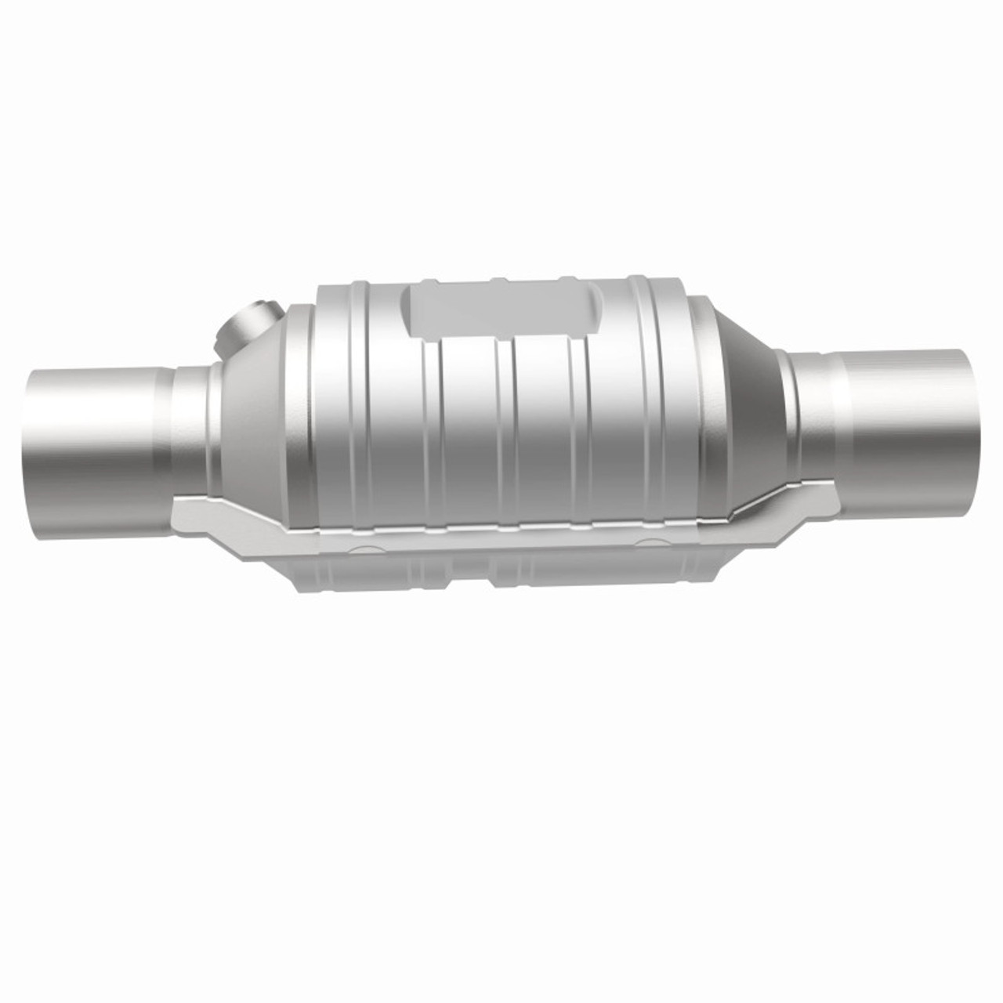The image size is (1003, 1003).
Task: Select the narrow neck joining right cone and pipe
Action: point(807,411)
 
